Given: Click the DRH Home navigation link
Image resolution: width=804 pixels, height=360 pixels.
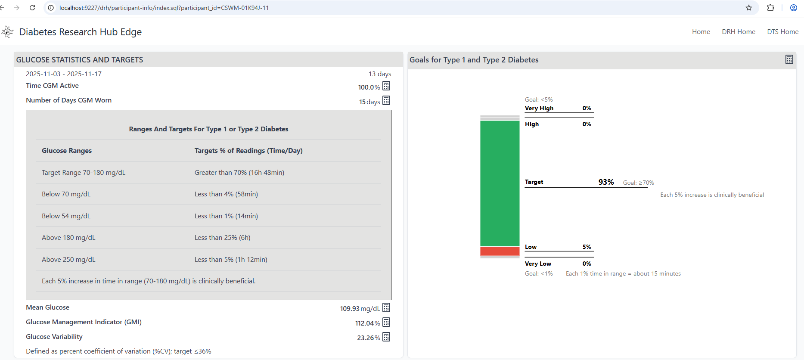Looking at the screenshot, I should (739, 32).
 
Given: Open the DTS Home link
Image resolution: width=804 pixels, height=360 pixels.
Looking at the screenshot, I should (782, 32).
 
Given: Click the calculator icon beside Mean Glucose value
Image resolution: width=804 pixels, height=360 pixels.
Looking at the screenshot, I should (386, 307).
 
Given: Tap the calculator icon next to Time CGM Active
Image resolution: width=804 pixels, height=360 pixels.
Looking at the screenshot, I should (386, 86).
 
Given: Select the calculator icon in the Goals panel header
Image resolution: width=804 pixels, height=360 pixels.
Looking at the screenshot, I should (789, 59).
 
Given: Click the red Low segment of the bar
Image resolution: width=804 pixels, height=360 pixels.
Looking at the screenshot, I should (500, 251).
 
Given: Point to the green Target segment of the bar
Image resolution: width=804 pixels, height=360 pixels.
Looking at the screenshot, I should (500, 183).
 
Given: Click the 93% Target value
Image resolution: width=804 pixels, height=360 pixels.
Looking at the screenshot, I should (606, 182).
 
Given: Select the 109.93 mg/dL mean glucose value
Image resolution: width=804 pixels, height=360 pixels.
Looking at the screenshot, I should (360, 309).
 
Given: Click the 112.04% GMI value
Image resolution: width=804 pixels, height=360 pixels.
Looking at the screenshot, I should (367, 323).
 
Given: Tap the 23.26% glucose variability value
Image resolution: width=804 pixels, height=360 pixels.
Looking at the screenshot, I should (368, 338).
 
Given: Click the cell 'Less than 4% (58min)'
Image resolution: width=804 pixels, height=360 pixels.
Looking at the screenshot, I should (226, 194).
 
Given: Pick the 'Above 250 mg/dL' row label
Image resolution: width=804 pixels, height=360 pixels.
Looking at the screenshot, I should (68, 260).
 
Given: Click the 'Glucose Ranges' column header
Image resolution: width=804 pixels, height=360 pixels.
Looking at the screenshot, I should (67, 151).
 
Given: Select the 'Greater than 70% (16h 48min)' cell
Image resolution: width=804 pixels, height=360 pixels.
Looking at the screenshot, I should (239, 173).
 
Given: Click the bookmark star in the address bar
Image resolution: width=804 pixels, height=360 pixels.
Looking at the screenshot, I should (749, 8).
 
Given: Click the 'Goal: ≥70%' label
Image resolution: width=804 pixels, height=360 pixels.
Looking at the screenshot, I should (638, 183).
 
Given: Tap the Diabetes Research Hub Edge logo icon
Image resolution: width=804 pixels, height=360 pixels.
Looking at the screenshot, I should (7, 32).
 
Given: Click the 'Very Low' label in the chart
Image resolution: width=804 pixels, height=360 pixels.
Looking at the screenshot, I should (538, 264).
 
